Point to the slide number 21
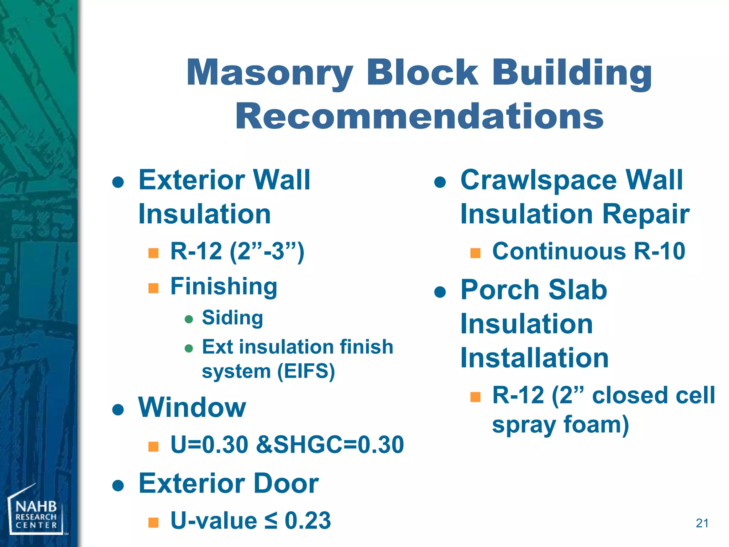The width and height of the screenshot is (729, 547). click(x=702, y=523)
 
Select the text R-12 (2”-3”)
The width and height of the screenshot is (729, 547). click(x=237, y=251)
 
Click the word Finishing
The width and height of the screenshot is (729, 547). click(x=224, y=286)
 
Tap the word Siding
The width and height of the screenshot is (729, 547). click(x=232, y=318)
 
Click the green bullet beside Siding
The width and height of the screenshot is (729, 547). click(x=189, y=319)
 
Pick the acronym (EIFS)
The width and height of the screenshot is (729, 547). click(x=306, y=372)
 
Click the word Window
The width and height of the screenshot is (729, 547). click(x=192, y=407)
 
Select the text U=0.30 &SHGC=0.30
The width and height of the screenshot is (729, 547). click(x=287, y=445)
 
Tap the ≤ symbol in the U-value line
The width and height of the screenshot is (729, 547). click(x=271, y=521)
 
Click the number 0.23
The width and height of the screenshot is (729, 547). click(x=308, y=521)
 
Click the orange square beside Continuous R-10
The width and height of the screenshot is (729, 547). click(x=475, y=253)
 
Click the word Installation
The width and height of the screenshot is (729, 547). click(x=534, y=358)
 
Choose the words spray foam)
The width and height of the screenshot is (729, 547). click(x=560, y=424)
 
